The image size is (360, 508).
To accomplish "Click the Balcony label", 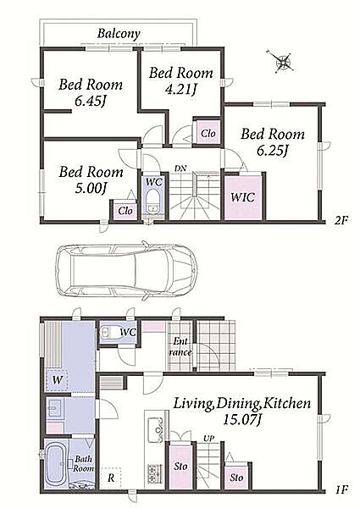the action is pos(119,34).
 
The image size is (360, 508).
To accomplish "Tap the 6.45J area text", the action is pos(91,102).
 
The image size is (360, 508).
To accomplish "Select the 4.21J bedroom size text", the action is pos(180,90).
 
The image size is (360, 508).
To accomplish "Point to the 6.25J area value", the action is pos(273,151).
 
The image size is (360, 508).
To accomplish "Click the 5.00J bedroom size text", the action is pos(91,188).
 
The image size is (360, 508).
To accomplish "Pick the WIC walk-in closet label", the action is pos(243,197).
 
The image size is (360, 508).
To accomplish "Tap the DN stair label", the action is pos(180,168).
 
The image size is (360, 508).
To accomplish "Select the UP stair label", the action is pos(208,439).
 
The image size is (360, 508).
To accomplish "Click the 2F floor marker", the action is pos(341,221).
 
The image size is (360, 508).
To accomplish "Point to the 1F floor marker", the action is pos(341,489).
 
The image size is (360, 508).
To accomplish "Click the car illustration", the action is pos(126,269).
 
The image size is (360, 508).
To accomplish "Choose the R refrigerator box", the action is pos(110,478).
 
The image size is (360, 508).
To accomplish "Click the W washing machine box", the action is pos(57,379).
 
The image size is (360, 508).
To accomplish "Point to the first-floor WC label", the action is pos(128,332).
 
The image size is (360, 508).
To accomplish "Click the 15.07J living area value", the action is pos(242,420).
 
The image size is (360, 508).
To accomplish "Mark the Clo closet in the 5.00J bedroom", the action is pos(125,211).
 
